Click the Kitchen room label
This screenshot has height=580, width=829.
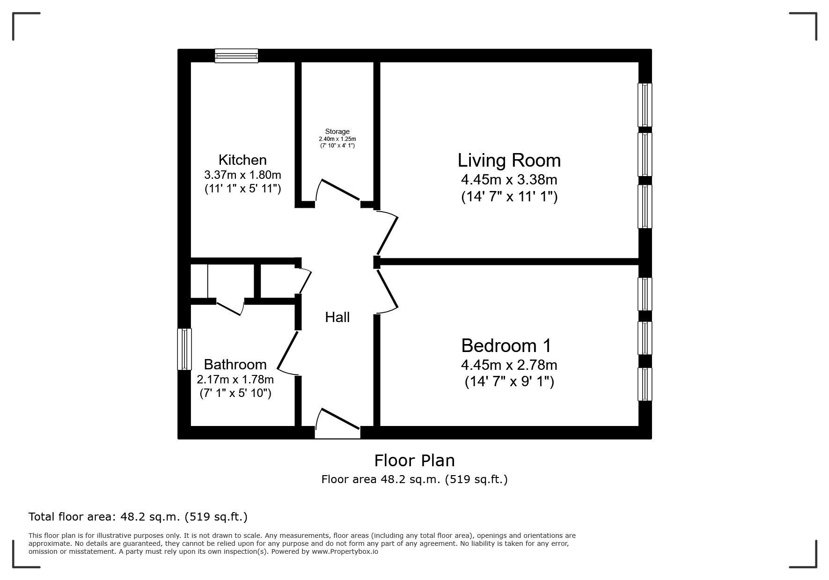tap(242, 160)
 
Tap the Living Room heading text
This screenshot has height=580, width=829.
tap(509, 161)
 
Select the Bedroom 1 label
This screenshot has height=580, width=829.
tap(506, 346)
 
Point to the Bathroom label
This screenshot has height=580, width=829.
tap(235, 364)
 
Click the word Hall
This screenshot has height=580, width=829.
tap(337, 317)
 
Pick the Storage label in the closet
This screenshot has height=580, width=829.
tap(337, 132)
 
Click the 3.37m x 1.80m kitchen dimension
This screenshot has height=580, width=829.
tap(242, 175)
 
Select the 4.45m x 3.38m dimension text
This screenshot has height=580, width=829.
tap(509, 179)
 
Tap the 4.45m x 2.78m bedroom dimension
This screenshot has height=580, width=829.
tap(509, 365)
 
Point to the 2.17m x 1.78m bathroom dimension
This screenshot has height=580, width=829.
tap(235, 379)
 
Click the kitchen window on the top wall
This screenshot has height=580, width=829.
tap(236, 56)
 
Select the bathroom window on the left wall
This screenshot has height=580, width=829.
tap(184, 349)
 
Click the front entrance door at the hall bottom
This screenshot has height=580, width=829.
tap(338, 424)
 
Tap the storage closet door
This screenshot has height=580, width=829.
tap(338, 192)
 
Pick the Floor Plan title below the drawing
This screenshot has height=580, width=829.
tap(414, 461)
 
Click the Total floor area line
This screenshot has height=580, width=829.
tap(138, 517)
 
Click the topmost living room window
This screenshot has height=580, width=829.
tap(645, 105)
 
